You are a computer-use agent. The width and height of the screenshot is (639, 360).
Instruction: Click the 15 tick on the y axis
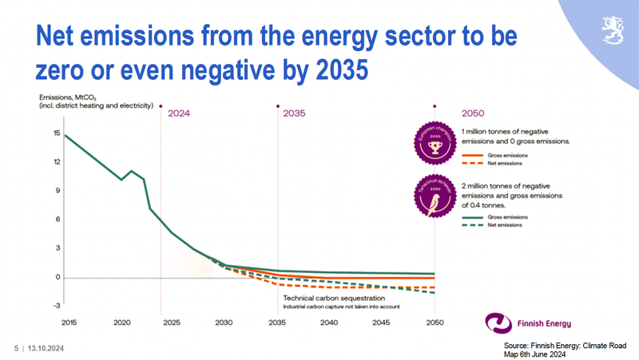click(x=58, y=133)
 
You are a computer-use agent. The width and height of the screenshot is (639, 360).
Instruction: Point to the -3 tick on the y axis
click(x=57, y=306)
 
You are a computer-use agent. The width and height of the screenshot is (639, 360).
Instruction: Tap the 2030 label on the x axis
click(x=224, y=322)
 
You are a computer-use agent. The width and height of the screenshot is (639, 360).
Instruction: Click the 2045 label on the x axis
click(x=382, y=322)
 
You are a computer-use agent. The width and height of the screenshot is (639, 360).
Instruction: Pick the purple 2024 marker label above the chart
click(x=179, y=113)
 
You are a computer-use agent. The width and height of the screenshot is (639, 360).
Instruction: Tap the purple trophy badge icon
click(x=436, y=143)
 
